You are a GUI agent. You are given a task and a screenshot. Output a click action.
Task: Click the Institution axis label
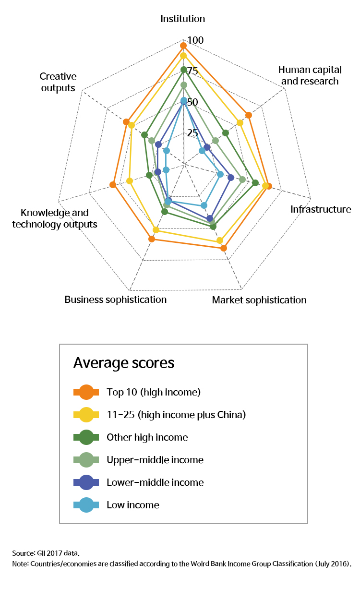click(x=182, y=19)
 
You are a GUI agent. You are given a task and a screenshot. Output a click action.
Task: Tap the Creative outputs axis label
click(x=58, y=82)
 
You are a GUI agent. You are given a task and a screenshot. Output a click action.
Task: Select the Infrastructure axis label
click(x=321, y=209)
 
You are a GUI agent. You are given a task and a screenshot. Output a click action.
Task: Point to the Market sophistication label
click(x=259, y=300)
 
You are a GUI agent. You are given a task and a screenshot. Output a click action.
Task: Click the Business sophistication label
click(x=116, y=300)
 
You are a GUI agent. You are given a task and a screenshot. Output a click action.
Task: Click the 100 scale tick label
click(x=195, y=40)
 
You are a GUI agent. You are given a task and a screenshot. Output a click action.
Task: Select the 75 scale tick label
click(x=192, y=72)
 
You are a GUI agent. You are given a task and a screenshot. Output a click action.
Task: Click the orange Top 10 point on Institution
click(x=183, y=46)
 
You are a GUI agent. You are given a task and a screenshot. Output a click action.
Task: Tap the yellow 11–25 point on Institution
click(x=183, y=56)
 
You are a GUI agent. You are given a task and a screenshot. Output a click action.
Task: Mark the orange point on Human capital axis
click(x=249, y=115)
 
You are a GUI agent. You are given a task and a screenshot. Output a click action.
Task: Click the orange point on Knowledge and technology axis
click(x=112, y=185)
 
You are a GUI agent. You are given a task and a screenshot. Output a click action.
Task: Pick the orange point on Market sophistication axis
click(x=224, y=248)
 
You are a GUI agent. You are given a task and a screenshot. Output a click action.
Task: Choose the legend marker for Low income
click(x=86, y=505)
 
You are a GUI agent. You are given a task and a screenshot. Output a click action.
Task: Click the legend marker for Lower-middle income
click(x=86, y=482)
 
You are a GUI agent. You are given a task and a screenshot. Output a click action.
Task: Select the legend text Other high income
click(x=147, y=437)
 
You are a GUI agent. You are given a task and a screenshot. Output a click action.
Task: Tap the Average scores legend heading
click(x=123, y=363)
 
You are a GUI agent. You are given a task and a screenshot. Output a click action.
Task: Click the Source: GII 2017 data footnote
click(x=49, y=553)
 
